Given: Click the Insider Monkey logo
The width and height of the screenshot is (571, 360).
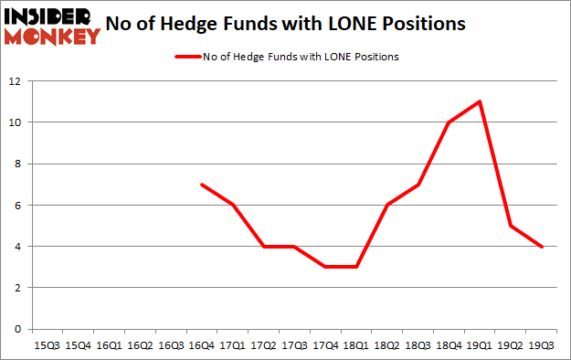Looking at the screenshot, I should tap(51, 26).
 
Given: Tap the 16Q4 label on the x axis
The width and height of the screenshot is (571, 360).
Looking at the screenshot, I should tap(201, 345).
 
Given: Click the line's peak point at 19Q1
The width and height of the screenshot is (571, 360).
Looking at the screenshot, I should tap(480, 101).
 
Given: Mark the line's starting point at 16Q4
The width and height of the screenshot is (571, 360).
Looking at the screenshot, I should tap(201, 185).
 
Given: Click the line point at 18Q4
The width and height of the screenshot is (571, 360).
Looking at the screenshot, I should tap(449, 122).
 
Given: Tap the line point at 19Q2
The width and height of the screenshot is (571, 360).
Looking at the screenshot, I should tap(510, 226).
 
